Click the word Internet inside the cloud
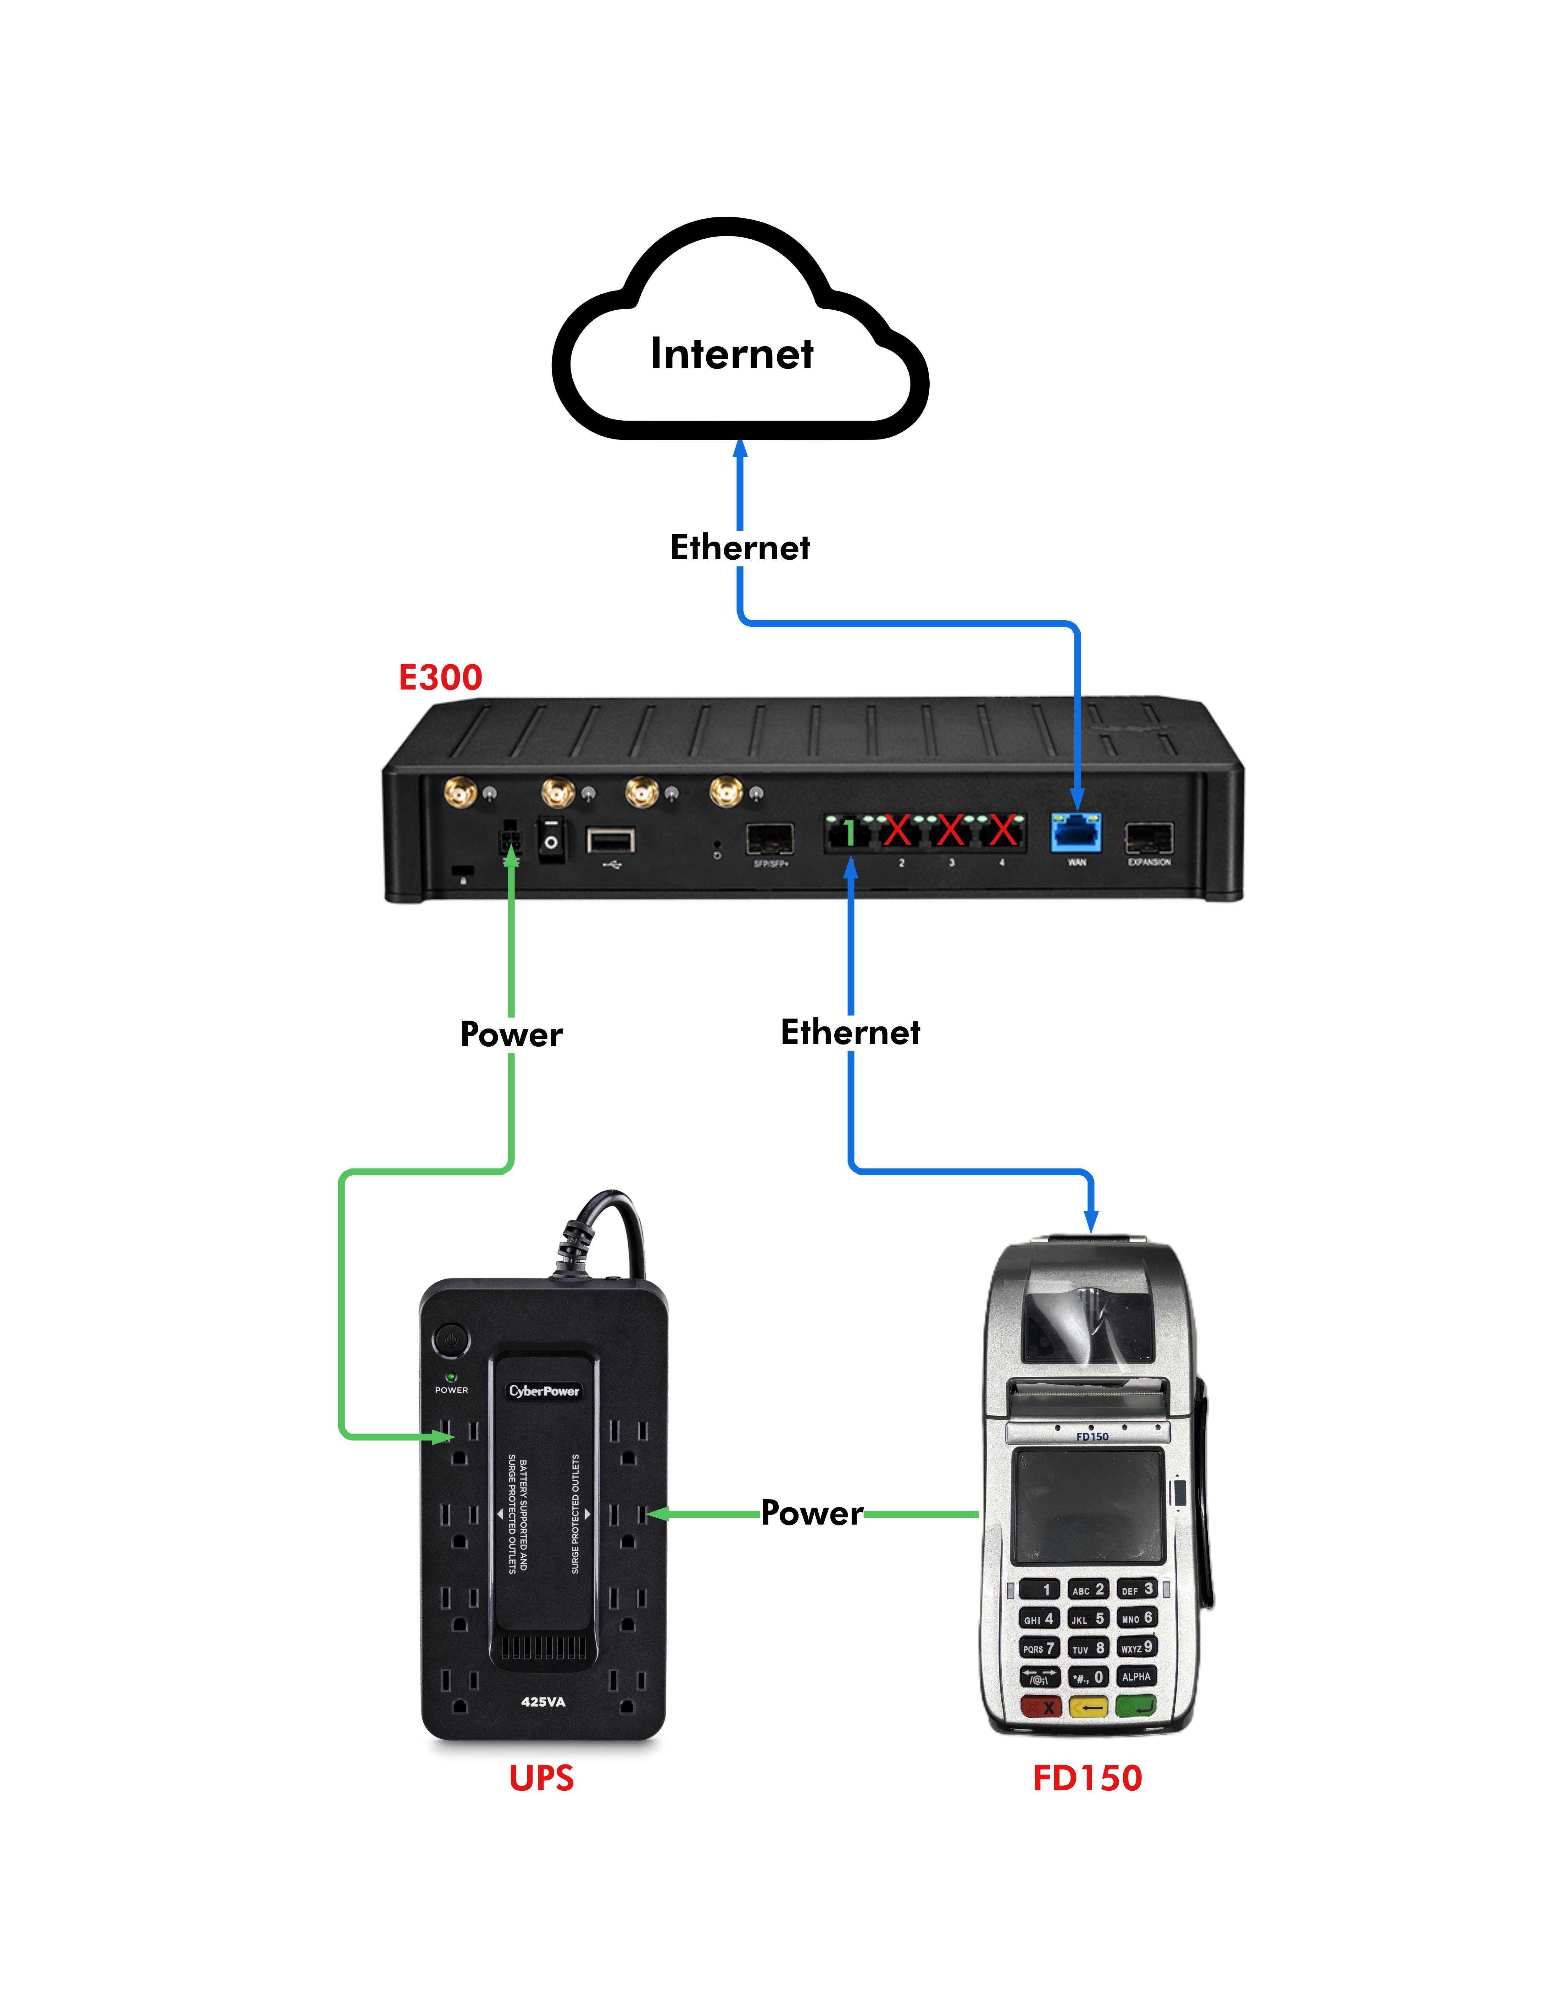coord(731,354)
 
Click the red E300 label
coord(440,678)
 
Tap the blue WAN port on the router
coord(1077,832)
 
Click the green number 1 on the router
coord(849,833)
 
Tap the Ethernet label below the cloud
coord(740,547)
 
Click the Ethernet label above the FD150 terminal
coord(850,1032)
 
